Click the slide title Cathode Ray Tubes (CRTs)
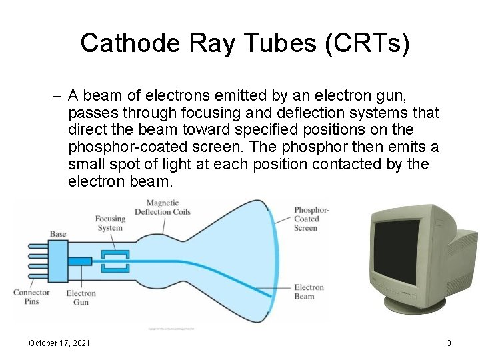coord(245,43)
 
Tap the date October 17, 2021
coord(59,343)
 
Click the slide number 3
coord(449,343)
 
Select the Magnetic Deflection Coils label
coord(162,207)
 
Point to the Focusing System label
coord(110,223)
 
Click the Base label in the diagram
coord(58,234)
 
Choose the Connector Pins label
coord(31,297)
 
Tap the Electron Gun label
coord(81,297)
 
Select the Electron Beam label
coord(309,292)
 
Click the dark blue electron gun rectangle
coord(79,261)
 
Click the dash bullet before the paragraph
coord(59,95)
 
